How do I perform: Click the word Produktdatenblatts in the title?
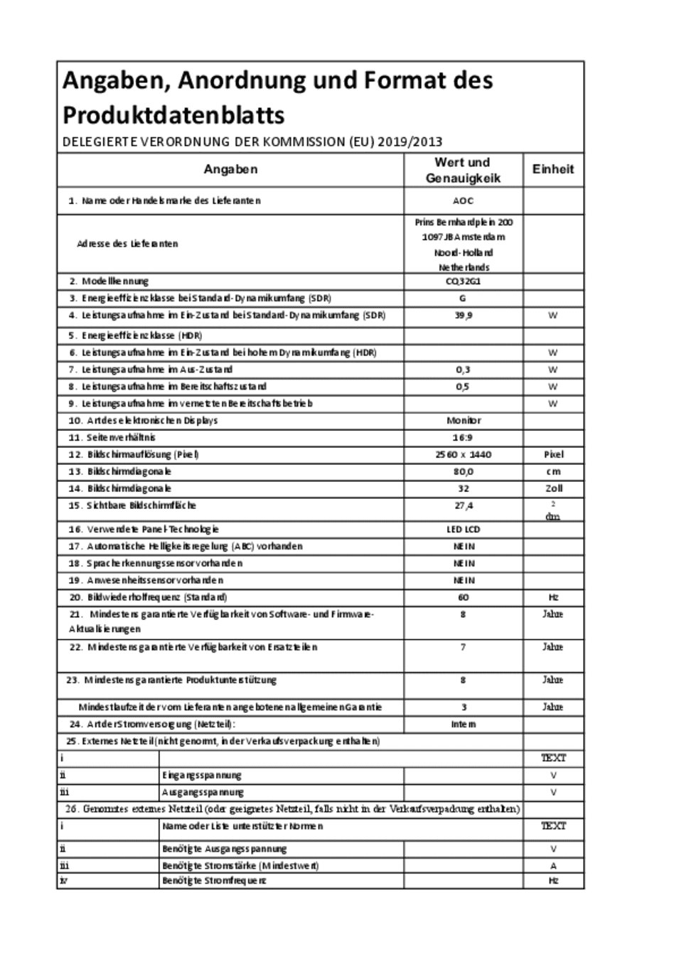(x=173, y=115)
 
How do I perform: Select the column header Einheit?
(x=552, y=169)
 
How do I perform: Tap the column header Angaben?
(x=230, y=169)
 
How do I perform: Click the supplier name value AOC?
(x=463, y=200)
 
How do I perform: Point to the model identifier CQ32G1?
(x=463, y=281)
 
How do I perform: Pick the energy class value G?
(x=463, y=298)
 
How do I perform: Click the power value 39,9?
(x=463, y=315)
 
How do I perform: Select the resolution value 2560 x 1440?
(x=463, y=454)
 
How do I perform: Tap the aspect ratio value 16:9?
(x=463, y=437)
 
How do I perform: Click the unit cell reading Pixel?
(x=552, y=454)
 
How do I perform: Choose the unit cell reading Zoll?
(x=552, y=488)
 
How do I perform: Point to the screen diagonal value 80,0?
(x=463, y=471)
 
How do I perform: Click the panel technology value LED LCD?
(x=463, y=529)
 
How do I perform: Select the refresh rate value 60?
(x=463, y=597)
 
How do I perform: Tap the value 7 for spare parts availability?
(x=463, y=647)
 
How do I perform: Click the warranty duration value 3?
(x=463, y=707)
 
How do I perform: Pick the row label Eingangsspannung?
(x=202, y=775)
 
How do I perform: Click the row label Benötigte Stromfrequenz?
(x=214, y=880)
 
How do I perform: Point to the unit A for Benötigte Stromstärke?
(x=552, y=866)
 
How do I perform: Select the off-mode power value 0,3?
(x=463, y=370)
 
